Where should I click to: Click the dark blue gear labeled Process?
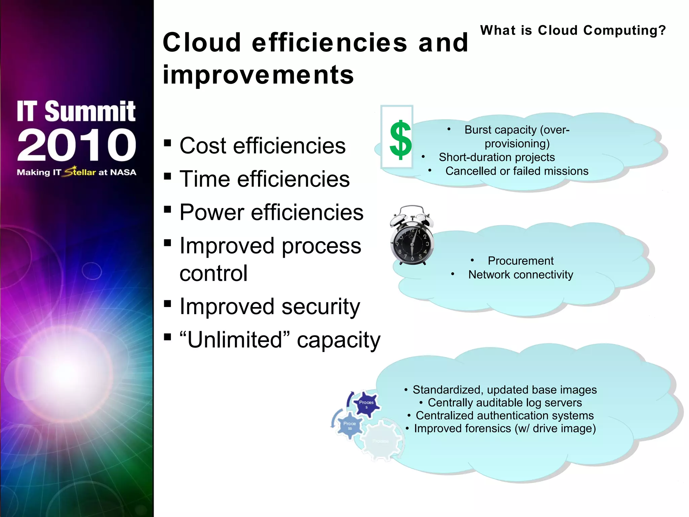pyautogui.click(x=366, y=404)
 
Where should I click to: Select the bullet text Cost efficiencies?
pyautogui.click(x=262, y=146)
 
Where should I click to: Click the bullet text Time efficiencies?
pyautogui.click(x=264, y=179)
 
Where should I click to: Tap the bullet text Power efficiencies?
pyautogui.click(x=271, y=213)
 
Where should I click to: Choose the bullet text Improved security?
pyautogui.click(x=269, y=307)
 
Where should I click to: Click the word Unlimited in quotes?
pyautogui.click(x=234, y=340)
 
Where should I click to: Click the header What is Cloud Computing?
pyautogui.click(x=573, y=30)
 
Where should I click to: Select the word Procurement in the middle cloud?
pyautogui.click(x=520, y=261)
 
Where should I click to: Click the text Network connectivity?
pyautogui.click(x=520, y=275)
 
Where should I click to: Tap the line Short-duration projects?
pyautogui.click(x=497, y=157)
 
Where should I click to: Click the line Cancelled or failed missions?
pyautogui.click(x=517, y=171)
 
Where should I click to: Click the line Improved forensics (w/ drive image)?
pyautogui.click(x=505, y=428)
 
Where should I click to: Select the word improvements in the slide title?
pyautogui.click(x=258, y=75)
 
